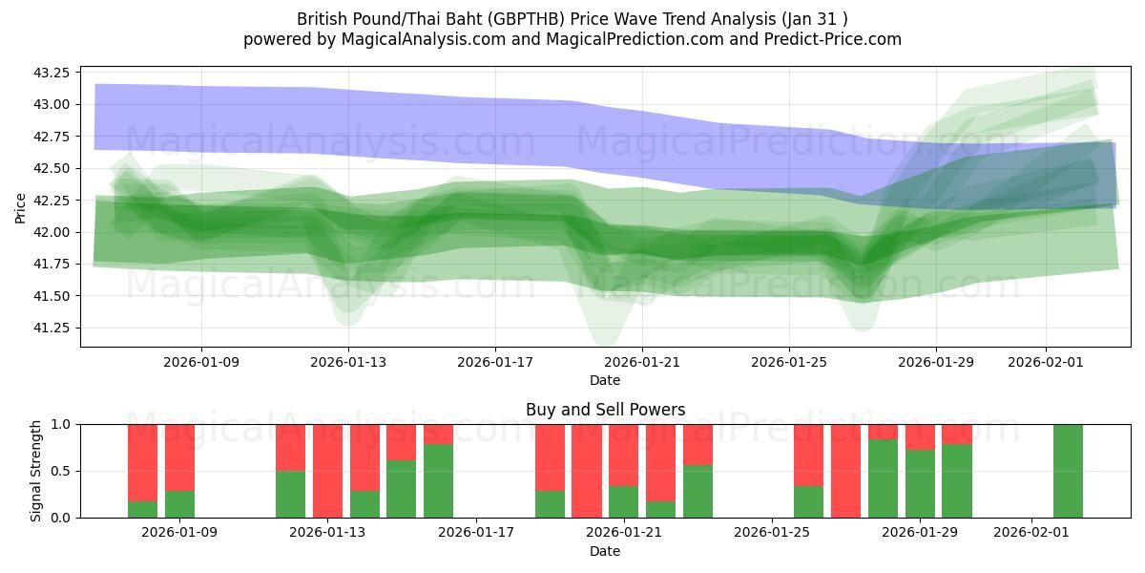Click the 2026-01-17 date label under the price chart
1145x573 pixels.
point(494,362)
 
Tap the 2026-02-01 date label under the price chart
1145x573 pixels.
point(1045,362)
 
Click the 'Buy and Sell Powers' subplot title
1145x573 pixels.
point(605,410)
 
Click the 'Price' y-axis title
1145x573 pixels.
point(21,206)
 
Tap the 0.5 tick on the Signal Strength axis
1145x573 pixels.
point(60,471)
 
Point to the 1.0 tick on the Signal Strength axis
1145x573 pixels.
point(60,424)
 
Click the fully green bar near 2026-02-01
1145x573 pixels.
point(1068,471)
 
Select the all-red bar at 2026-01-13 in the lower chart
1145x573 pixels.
point(327,471)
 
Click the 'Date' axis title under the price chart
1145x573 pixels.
point(605,380)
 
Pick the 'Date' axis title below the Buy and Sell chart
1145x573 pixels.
point(605,551)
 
